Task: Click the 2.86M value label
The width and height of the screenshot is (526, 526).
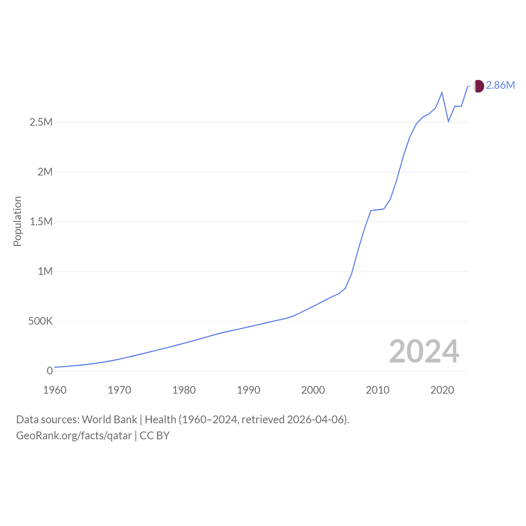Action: click(x=501, y=85)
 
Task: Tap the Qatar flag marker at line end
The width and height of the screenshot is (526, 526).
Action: click(x=478, y=86)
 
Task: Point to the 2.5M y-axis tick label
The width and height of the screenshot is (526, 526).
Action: click(x=41, y=122)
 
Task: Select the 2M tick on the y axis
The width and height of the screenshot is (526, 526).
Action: click(x=45, y=172)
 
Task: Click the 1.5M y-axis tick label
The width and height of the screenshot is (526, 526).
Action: click(x=41, y=221)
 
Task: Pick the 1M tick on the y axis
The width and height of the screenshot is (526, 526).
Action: click(x=45, y=271)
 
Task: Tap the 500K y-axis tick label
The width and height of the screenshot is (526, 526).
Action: click(x=40, y=321)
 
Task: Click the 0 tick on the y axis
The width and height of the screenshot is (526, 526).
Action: click(x=50, y=371)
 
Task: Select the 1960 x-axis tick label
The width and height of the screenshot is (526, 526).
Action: click(x=55, y=390)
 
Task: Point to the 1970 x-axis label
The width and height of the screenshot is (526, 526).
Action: click(x=119, y=390)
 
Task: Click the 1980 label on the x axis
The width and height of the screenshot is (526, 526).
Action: click(x=184, y=390)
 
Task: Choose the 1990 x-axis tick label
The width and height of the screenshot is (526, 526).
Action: click(x=248, y=390)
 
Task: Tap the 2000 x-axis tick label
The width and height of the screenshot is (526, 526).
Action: click(x=313, y=390)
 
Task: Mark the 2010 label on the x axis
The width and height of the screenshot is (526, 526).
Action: click(x=378, y=390)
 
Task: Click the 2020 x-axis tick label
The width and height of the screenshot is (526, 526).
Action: click(x=442, y=390)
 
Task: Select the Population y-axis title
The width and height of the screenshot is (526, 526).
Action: click(x=17, y=221)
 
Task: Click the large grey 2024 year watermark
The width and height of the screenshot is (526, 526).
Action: click(x=424, y=351)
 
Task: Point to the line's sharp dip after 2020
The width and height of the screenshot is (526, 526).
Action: click(x=448, y=121)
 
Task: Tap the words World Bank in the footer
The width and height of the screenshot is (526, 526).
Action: click(x=109, y=420)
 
